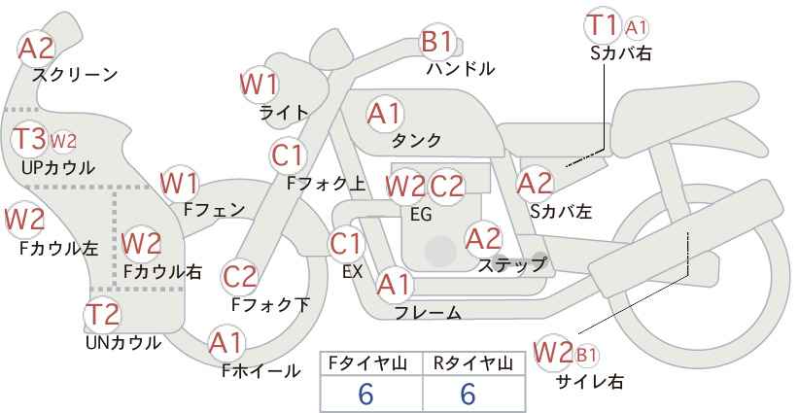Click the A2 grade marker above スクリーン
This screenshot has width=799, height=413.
tap(36, 49)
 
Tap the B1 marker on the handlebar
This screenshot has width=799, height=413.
tap(437, 41)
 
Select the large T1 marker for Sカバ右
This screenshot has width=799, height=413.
tap(603, 24)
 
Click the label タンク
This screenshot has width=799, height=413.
tap(416, 140)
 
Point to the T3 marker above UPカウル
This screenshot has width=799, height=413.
tap(29, 139)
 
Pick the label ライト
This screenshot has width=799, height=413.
tap(284, 113)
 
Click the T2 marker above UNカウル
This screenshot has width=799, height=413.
tap(102, 314)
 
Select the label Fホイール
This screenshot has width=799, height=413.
tap(261, 371)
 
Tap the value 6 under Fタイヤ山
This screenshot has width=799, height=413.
tap(365, 394)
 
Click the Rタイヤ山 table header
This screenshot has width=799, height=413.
tap(473, 363)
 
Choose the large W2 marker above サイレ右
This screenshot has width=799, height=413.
tap(552, 353)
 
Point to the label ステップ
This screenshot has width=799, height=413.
tap(511, 265)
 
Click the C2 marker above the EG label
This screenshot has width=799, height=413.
tap(446, 186)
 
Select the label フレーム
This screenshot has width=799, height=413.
tap(428, 313)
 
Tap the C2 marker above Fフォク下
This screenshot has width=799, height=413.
tap(240, 277)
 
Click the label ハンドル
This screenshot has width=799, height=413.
tap(461, 68)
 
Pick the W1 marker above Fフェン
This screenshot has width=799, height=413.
tap(180, 184)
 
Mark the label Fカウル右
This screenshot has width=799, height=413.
tap(162, 271)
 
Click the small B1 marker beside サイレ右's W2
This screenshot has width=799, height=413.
tap(586, 355)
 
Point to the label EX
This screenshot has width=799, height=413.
tap(352, 271)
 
